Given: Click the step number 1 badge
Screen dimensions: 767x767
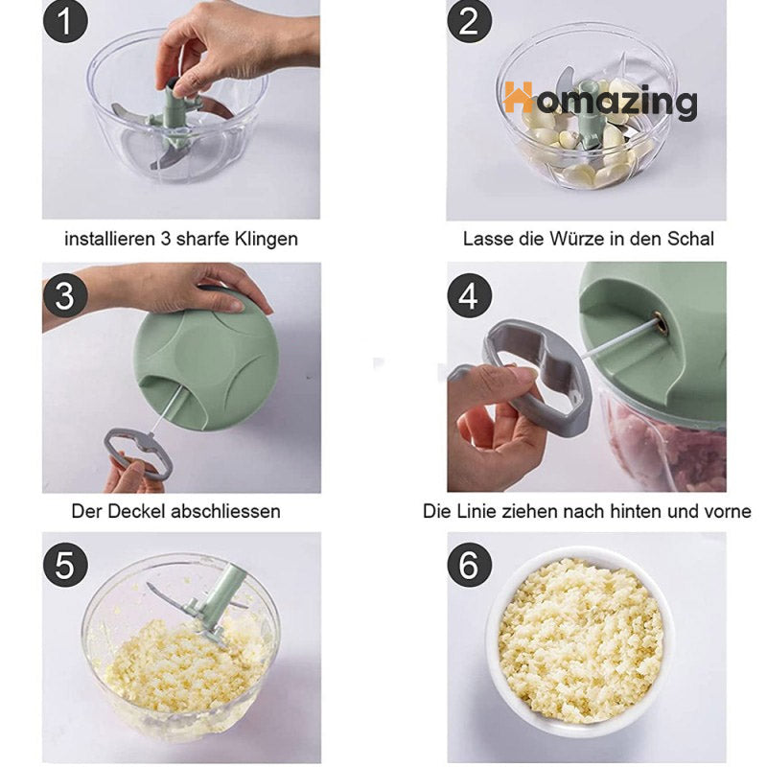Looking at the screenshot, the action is pyautogui.click(x=65, y=21).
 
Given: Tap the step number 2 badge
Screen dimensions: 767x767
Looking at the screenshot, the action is pyautogui.click(x=469, y=21).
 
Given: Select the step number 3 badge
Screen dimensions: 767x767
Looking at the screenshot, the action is pyautogui.click(x=65, y=295).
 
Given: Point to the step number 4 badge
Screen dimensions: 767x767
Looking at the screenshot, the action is pyautogui.click(x=469, y=295).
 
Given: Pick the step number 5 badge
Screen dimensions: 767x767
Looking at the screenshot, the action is pyautogui.click(x=65, y=565).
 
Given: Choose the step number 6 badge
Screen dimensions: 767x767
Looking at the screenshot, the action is pyautogui.click(x=469, y=565).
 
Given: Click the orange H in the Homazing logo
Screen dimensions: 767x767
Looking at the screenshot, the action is pyautogui.click(x=518, y=97).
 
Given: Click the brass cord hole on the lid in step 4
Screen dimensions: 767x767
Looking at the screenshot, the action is pyautogui.click(x=662, y=324).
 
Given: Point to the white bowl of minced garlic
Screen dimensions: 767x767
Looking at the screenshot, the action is pyautogui.click(x=580, y=639).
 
